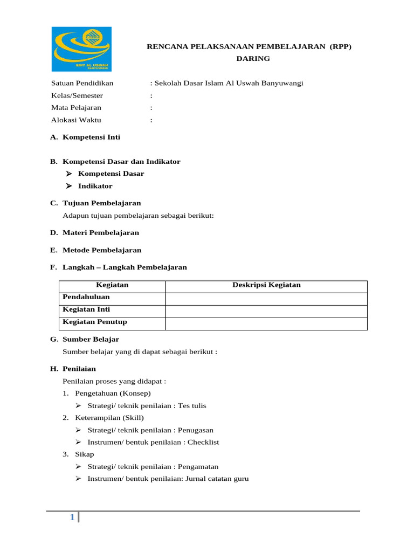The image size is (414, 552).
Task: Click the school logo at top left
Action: (x=81, y=49)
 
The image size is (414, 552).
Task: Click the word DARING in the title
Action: (x=253, y=58)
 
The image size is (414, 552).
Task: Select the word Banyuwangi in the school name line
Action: (x=284, y=83)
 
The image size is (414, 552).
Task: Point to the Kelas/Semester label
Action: (x=77, y=95)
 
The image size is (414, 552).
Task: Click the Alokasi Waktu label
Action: (x=76, y=120)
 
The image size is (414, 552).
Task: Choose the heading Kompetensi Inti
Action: (x=92, y=137)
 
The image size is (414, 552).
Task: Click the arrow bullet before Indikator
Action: (x=68, y=186)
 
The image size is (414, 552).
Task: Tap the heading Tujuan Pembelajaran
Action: (x=102, y=203)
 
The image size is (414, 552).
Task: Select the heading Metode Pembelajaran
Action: (x=102, y=250)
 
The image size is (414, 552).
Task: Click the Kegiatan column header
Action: (x=112, y=285)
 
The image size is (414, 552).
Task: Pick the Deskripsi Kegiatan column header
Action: (x=266, y=285)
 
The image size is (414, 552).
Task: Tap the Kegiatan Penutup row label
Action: (x=95, y=322)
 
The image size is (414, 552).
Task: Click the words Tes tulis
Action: (x=194, y=406)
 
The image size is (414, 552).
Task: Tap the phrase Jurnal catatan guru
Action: (x=216, y=479)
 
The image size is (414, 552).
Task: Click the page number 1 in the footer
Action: (x=72, y=518)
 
